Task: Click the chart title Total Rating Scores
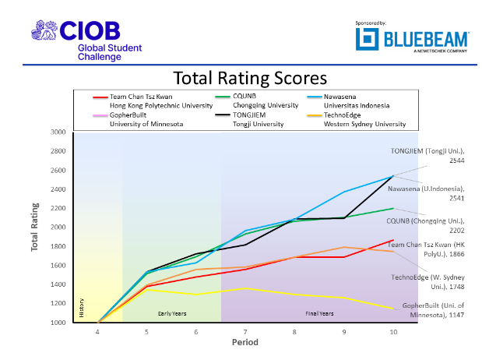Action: point(250,78)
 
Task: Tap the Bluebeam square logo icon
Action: point(367,39)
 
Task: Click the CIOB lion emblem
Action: point(44,30)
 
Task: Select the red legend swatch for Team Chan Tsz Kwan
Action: point(100,97)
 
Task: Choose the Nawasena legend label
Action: point(340,97)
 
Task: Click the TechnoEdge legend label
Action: point(342,115)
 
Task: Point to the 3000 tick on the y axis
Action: point(58,132)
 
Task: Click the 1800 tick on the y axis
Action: point(58,246)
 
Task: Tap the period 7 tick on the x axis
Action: point(245,332)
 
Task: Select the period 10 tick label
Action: point(393,332)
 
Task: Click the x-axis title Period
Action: point(245,342)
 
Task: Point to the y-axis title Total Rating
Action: point(35,227)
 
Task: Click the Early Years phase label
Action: point(172,313)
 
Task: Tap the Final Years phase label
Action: point(319,313)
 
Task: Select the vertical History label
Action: point(82,308)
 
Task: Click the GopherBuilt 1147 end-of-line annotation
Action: point(433,310)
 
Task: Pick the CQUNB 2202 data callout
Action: point(425,225)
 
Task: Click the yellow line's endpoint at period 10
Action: point(393,309)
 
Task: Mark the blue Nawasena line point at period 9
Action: point(344,192)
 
